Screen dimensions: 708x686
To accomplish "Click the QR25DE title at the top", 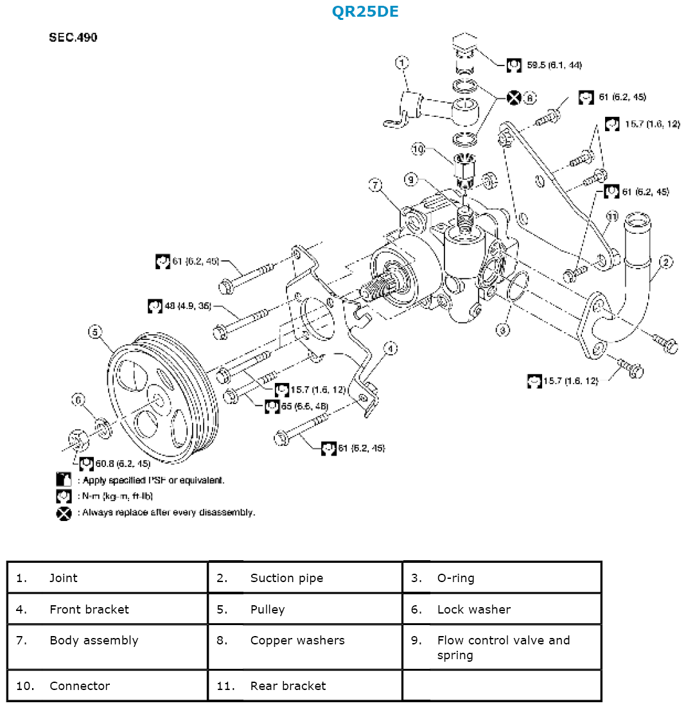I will (x=365, y=12).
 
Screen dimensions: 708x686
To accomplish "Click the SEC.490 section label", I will (x=73, y=38).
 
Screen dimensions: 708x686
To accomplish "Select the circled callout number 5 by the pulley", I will (x=95, y=332).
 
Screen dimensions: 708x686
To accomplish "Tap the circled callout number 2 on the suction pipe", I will (x=666, y=261).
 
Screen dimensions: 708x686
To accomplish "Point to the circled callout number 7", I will (x=375, y=186).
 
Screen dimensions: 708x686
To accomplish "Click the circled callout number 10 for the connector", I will (x=418, y=150).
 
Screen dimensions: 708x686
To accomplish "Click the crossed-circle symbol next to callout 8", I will (x=513, y=98).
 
